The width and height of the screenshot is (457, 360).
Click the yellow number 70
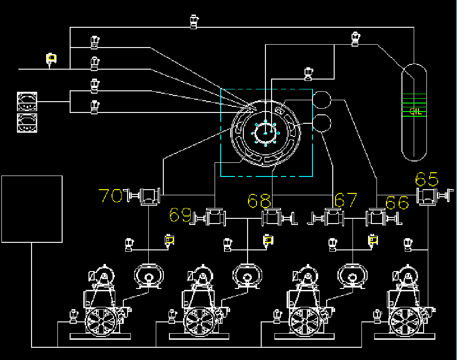coord(111,196)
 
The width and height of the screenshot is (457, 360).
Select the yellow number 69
coord(180,215)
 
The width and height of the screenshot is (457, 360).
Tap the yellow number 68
coord(259,201)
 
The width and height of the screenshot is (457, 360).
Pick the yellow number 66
coord(397,203)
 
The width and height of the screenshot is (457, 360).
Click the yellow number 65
coord(427,179)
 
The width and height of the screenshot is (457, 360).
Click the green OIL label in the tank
coord(415,111)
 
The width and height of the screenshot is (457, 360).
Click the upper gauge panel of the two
coord(27,102)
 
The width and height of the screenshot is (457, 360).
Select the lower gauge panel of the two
coord(27,123)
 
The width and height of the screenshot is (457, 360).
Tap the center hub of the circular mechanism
coord(265,133)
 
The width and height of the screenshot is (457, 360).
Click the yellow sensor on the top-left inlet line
coord(51,58)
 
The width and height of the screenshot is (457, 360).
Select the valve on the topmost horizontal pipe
coord(194,22)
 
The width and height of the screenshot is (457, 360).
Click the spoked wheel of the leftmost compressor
coord(101,322)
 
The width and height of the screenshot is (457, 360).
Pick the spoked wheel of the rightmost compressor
coord(405,322)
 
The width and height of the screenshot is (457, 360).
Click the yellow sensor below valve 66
coord(373,240)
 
